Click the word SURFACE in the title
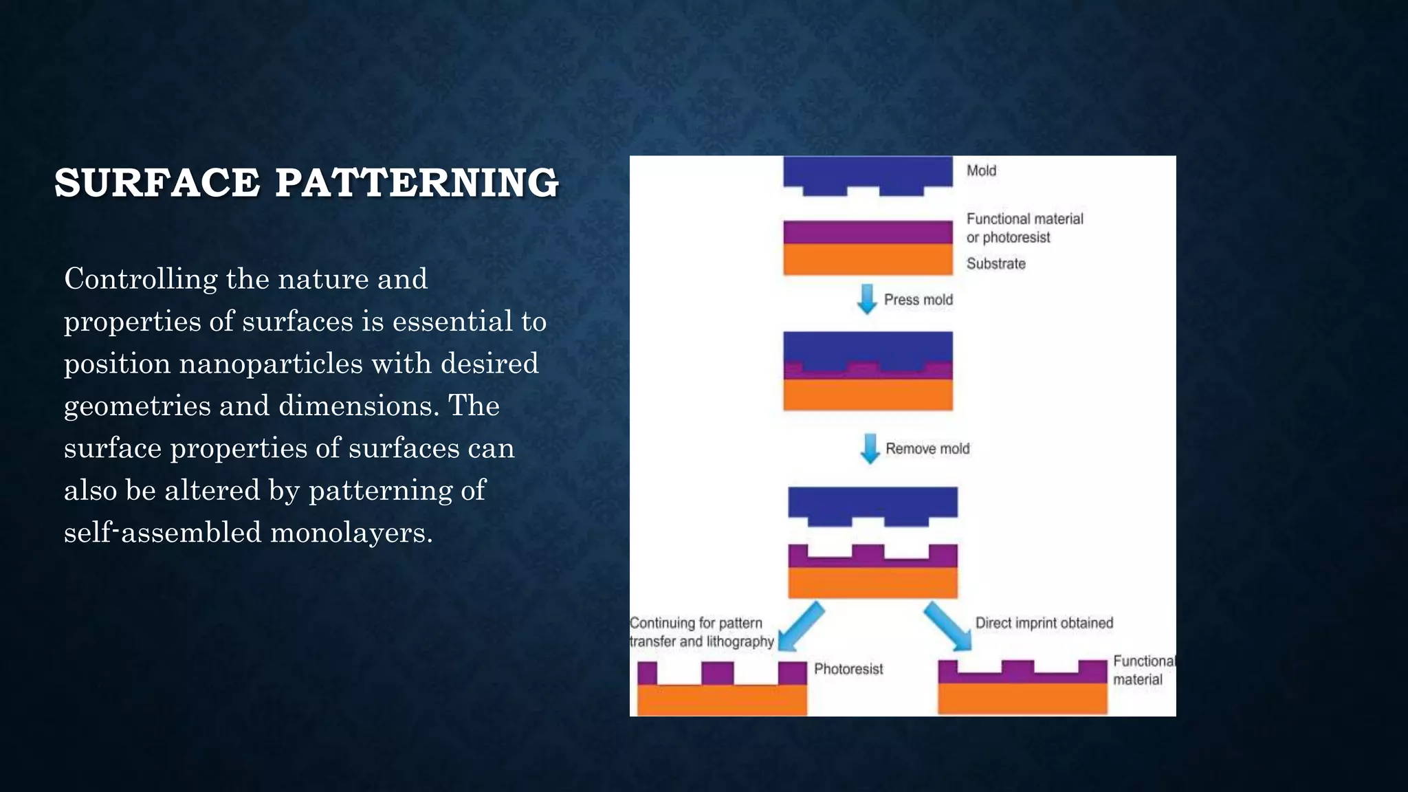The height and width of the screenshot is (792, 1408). click(x=157, y=183)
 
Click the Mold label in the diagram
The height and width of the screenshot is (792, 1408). click(x=981, y=170)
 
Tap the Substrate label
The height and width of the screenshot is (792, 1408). click(x=995, y=263)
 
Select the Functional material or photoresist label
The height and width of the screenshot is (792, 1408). click(x=1024, y=228)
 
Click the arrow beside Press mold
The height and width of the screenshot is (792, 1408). click(x=867, y=299)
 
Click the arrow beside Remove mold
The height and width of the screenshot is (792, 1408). click(x=870, y=448)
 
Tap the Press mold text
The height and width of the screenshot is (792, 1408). click(x=918, y=300)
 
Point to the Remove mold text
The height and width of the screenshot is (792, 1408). click(x=927, y=449)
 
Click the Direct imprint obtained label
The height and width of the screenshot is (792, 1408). click(x=1044, y=623)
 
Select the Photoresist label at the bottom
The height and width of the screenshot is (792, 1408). click(x=848, y=669)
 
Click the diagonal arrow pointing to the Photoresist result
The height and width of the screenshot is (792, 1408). click(x=800, y=626)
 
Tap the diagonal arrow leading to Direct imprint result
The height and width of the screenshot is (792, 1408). click(x=947, y=626)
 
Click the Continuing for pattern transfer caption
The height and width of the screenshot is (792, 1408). click(x=701, y=632)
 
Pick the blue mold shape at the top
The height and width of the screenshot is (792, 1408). click(x=868, y=172)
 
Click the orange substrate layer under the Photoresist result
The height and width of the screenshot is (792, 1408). click(x=722, y=701)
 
